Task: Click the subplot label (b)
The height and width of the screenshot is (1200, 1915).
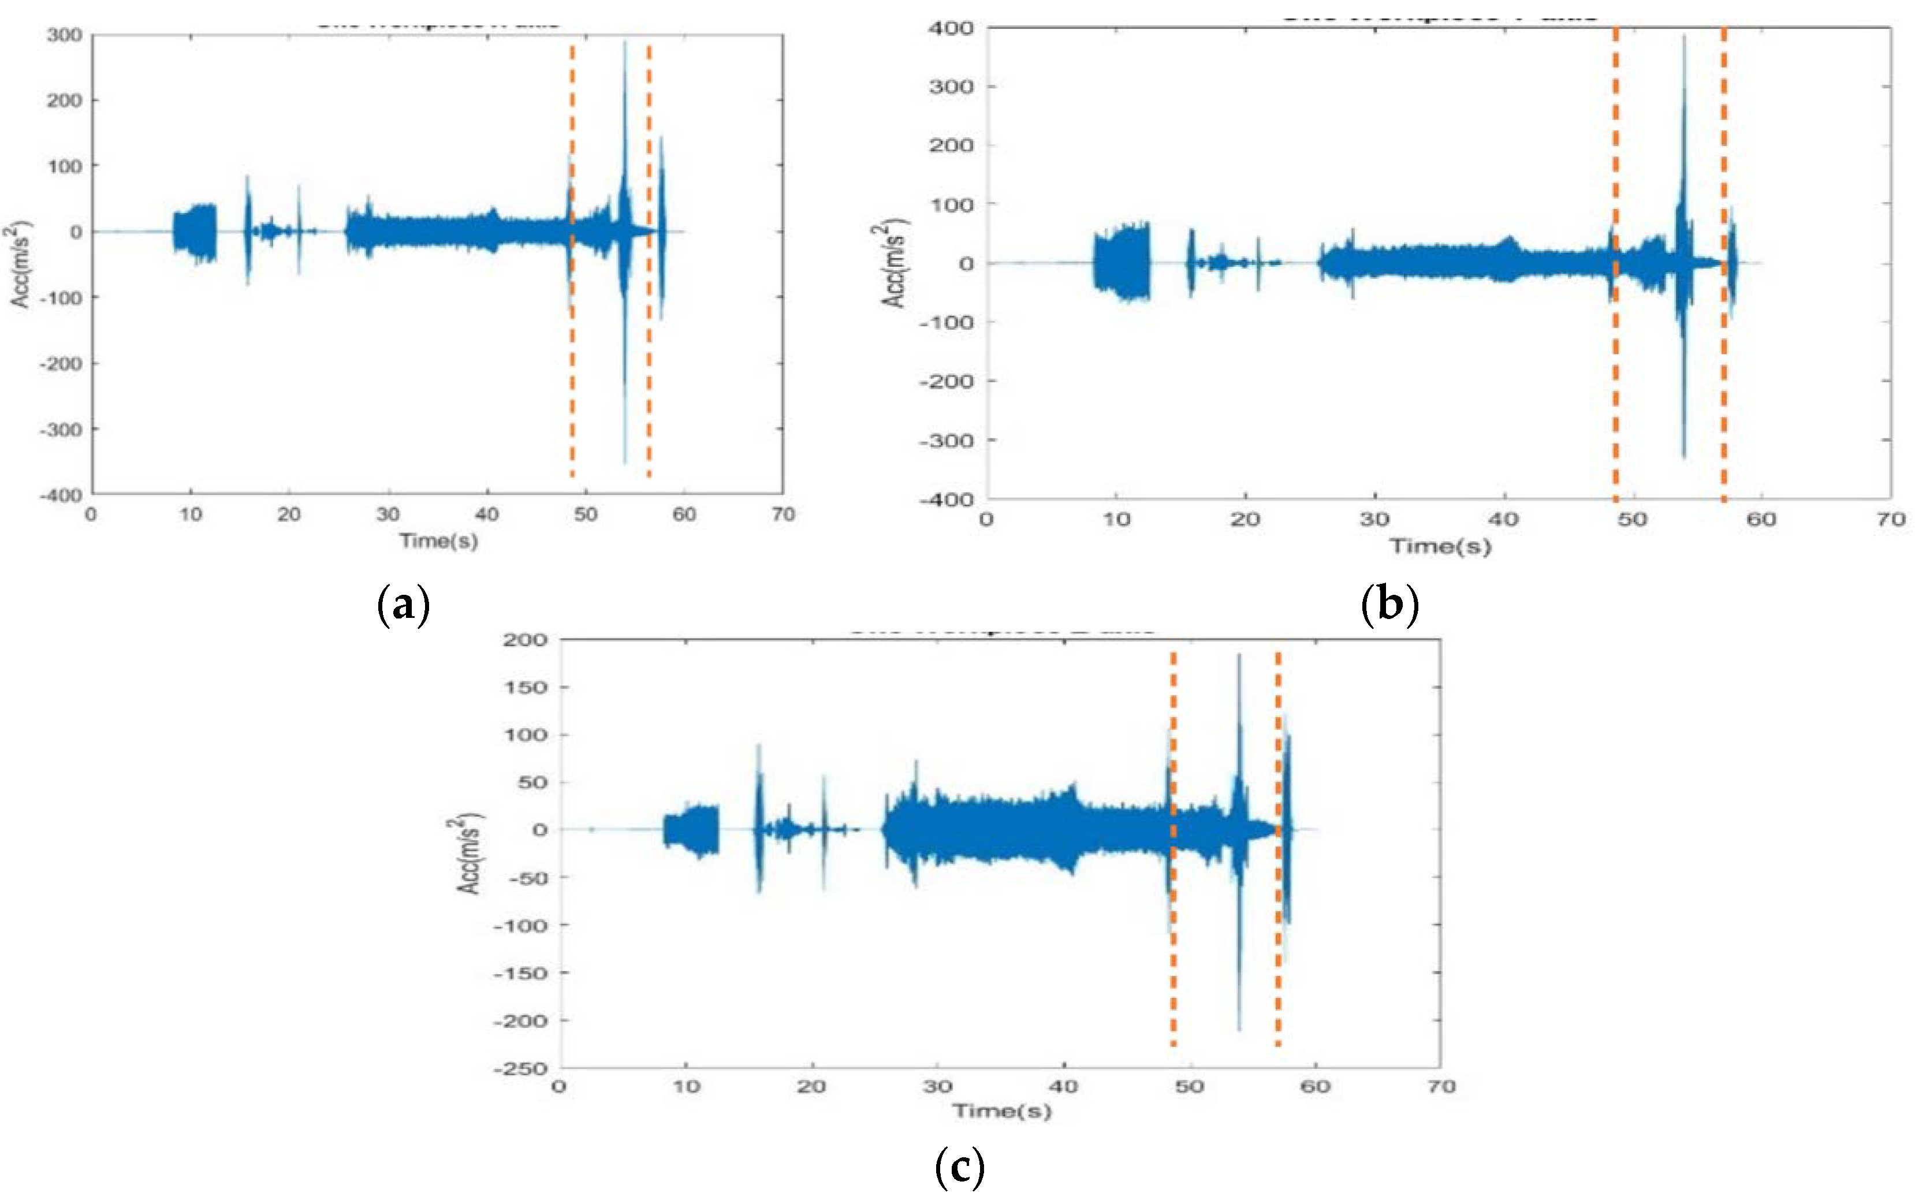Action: click(x=1389, y=606)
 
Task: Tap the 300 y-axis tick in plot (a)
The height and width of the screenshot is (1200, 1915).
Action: click(x=63, y=35)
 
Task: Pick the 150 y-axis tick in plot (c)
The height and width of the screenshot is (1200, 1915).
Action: click(x=526, y=687)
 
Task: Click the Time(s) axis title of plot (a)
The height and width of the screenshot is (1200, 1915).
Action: click(x=438, y=541)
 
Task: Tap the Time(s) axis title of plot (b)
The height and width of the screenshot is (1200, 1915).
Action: click(x=1439, y=546)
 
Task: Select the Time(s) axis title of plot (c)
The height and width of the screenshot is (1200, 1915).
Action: click(x=1001, y=1110)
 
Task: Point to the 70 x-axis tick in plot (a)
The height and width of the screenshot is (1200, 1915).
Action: click(x=783, y=515)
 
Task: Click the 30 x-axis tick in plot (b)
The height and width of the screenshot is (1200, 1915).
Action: click(x=1374, y=520)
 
